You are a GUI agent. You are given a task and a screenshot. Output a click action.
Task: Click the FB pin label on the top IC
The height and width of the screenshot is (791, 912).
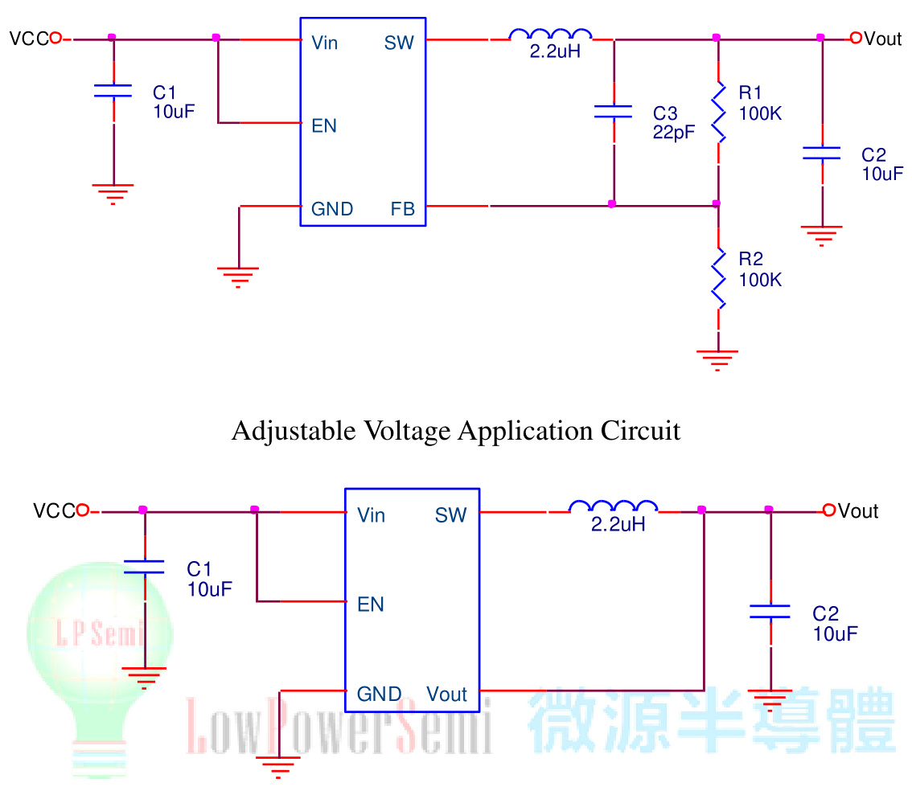point(403,210)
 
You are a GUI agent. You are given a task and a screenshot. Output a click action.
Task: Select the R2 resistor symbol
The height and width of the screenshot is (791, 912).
point(718,278)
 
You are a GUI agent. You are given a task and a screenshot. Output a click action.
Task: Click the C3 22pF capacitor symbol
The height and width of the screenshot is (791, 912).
point(613,112)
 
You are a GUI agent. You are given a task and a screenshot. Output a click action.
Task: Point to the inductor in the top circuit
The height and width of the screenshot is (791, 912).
point(551,35)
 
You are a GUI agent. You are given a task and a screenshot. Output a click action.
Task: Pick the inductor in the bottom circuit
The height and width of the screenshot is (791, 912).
point(613,508)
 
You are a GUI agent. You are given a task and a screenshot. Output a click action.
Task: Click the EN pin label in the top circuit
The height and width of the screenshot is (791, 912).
point(324,126)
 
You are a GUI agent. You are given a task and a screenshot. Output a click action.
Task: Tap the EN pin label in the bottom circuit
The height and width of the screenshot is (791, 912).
point(371,604)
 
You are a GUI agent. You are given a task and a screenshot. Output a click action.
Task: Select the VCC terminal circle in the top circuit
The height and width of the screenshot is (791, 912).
point(55,38)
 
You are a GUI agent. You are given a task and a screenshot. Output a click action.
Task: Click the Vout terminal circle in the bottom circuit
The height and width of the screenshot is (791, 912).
point(829,510)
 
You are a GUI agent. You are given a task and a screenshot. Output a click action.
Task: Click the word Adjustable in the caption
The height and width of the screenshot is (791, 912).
point(282,432)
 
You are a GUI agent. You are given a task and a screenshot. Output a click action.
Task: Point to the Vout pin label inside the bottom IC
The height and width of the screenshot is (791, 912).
point(446,694)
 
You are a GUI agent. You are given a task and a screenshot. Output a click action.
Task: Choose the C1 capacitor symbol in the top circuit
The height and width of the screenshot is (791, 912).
point(113,90)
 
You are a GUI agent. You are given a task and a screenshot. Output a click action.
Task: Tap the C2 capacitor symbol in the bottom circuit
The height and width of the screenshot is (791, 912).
point(770,612)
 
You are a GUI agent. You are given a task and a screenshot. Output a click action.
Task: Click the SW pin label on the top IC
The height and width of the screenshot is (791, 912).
point(399,43)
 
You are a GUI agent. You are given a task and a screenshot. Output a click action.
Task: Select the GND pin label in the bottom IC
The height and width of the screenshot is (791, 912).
point(379,694)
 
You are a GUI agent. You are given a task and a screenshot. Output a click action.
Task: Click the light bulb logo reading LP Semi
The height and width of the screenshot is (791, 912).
point(101,643)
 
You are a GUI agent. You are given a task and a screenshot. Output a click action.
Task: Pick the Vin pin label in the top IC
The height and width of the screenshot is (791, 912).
point(325,43)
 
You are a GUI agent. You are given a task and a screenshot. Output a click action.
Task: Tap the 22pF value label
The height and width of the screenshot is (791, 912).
point(674,133)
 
